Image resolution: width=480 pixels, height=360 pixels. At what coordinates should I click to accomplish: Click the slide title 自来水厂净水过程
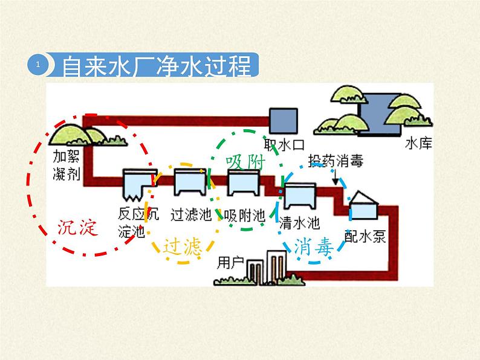(x=157, y=66)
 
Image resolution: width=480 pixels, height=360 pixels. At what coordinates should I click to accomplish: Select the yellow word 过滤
(x=181, y=247)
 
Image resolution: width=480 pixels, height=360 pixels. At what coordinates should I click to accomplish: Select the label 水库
(x=421, y=144)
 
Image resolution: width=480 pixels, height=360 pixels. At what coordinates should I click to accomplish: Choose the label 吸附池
(x=244, y=215)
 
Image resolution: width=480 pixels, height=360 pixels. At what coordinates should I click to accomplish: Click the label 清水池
(x=300, y=222)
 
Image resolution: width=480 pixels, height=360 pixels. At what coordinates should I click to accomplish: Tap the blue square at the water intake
(x=283, y=121)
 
